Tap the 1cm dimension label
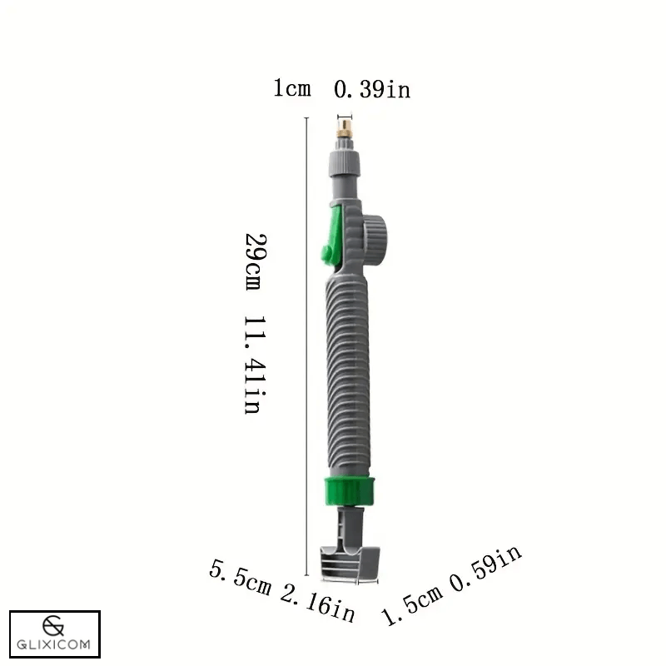pos(292,88)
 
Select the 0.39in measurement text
pos(372,89)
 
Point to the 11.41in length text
pos(253,365)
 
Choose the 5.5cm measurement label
pos(241,578)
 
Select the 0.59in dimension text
pos(486,569)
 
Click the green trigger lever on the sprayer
pos(331,237)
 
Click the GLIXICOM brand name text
pos(55,644)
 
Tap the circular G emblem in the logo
pos(55,624)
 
